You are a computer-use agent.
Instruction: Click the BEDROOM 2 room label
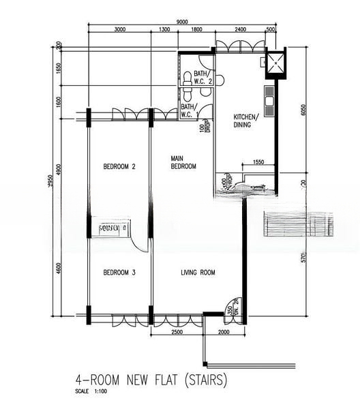(119, 166)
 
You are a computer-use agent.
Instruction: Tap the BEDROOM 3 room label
(119, 273)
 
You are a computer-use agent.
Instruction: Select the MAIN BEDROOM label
(183, 162)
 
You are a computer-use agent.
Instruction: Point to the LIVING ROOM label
(198, 273)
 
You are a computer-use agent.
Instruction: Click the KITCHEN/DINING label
(246, 120)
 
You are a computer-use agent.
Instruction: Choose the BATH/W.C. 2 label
(203, 77)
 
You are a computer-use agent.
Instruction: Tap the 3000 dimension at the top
(119, 30)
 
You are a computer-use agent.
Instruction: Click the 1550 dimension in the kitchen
(258, 162)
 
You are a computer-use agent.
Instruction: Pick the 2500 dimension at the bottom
(176, 331)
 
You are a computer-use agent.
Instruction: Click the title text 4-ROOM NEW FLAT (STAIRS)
(151, 379)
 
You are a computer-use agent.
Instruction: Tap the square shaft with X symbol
(275, 63)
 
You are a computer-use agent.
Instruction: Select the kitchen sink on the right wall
(269, 102)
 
